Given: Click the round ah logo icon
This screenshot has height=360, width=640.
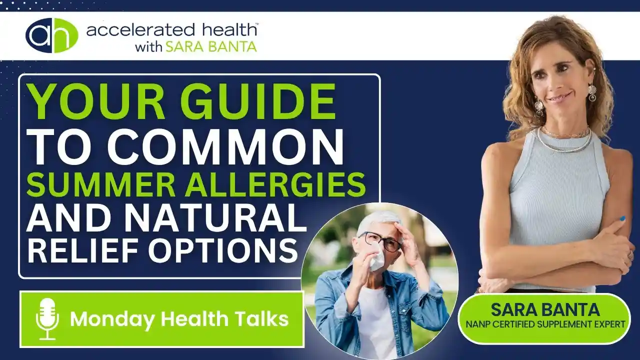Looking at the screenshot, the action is coord(51,35).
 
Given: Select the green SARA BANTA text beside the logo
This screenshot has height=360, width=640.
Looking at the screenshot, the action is coord(211,47).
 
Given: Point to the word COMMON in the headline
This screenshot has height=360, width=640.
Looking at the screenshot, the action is coord(225,147).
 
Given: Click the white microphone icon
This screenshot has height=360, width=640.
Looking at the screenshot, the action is coord(47,319).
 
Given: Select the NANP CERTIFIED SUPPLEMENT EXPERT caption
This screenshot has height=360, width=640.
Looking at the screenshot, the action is coord(545,324).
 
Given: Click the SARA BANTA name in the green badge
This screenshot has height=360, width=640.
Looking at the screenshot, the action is coord(545,309).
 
